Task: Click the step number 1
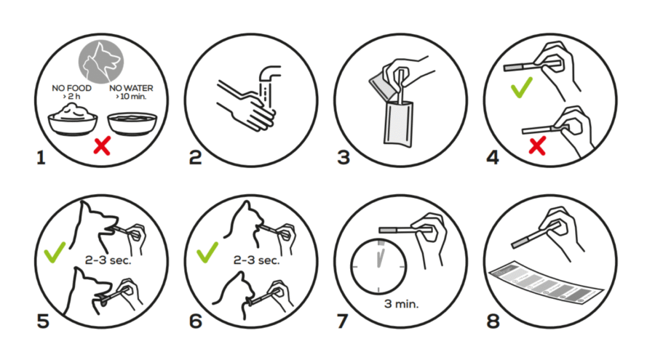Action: coord(41,159)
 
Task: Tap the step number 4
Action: coord(493,157)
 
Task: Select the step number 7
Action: coord(343,321)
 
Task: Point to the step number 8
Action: coord(493,321)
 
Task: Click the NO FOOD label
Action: coord(71,88)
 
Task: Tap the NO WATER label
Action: coord(131,88)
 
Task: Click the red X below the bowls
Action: coord(102,145)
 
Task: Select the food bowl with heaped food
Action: coord(73,119)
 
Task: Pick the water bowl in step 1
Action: coord(132,124)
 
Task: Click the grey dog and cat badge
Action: coord(101,62)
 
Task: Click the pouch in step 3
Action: coord(399,124)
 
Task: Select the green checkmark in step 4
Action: coord(521,87)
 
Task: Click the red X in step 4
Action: coord(537,146)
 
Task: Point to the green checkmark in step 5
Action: coord(55,252)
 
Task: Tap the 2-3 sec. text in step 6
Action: coord(256,260)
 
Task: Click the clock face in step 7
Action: coord(378,266)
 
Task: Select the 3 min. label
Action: coord(401,304)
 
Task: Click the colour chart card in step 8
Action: coord(546,283)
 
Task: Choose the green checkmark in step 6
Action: coord(207,252)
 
